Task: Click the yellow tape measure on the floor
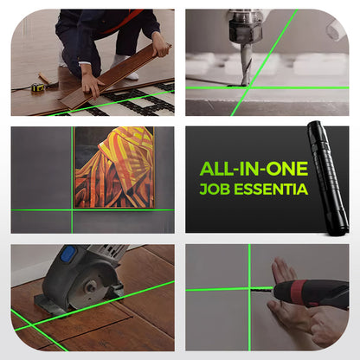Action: click(x=39, y=87)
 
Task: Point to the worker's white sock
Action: click(x=122, y=62)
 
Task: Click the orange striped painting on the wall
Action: click(x=113, y=168)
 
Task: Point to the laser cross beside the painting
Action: click(x=72, y=210)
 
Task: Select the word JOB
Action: click(x=214, y=188)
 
